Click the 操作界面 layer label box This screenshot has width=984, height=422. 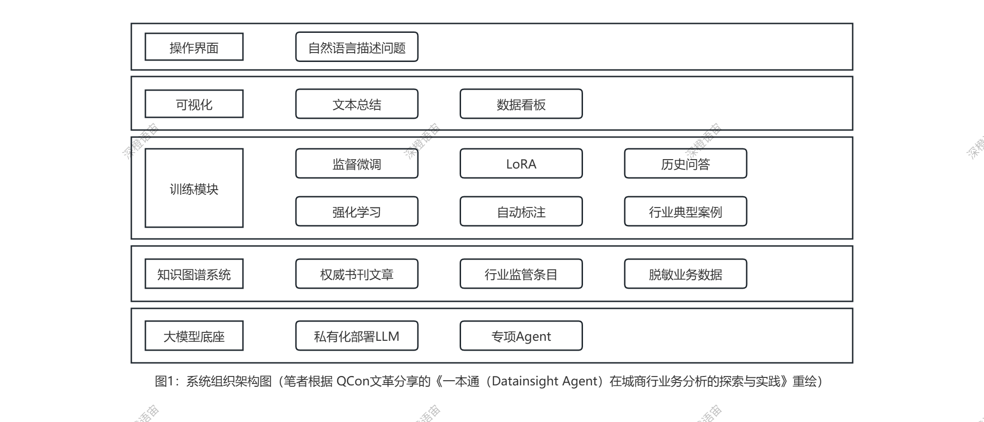(194, 47)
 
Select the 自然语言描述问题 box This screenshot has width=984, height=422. (356, 47)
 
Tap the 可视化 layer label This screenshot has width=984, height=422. (194, 104)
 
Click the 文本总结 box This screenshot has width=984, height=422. (356, 104)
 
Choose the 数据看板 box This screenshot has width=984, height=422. (521, 104)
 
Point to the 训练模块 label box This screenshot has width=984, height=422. (194, 188)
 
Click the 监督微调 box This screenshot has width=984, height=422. (356, 163)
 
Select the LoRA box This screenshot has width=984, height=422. (521, 163)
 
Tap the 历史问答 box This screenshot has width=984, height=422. (685, 163)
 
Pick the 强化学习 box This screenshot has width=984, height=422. (356, 211)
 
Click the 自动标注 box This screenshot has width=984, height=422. (521, 211)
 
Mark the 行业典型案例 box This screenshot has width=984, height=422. (685, 211)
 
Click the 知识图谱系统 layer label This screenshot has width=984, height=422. (194, 274)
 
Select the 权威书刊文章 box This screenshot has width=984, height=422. (356, 274)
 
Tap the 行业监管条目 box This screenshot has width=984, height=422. (521, 274)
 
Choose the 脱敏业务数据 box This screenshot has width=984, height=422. (685, 274)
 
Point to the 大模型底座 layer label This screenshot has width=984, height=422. (194, 336)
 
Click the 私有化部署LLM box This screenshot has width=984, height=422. (356, 336)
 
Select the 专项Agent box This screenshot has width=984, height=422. (521, 336)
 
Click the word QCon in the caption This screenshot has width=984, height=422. (353, 381)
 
